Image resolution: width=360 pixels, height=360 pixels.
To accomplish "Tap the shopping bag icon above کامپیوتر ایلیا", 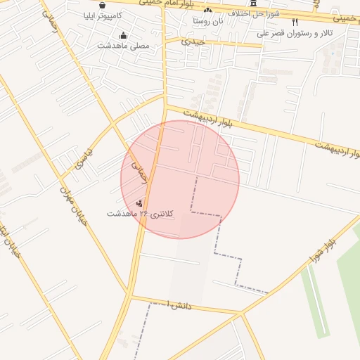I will pyautogui.click(x=103, y=4).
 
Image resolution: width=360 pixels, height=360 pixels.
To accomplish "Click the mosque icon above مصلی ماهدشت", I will pyautogui.click(x=124, y=35).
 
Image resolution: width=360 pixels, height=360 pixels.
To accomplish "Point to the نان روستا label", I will pyautogui.click(x=209, y=21).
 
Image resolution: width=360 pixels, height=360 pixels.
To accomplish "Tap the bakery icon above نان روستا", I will pyautogui.click(x=207, y=11).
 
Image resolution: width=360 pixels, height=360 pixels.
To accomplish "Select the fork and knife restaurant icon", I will pyautogui.click(x=295, y=22).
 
